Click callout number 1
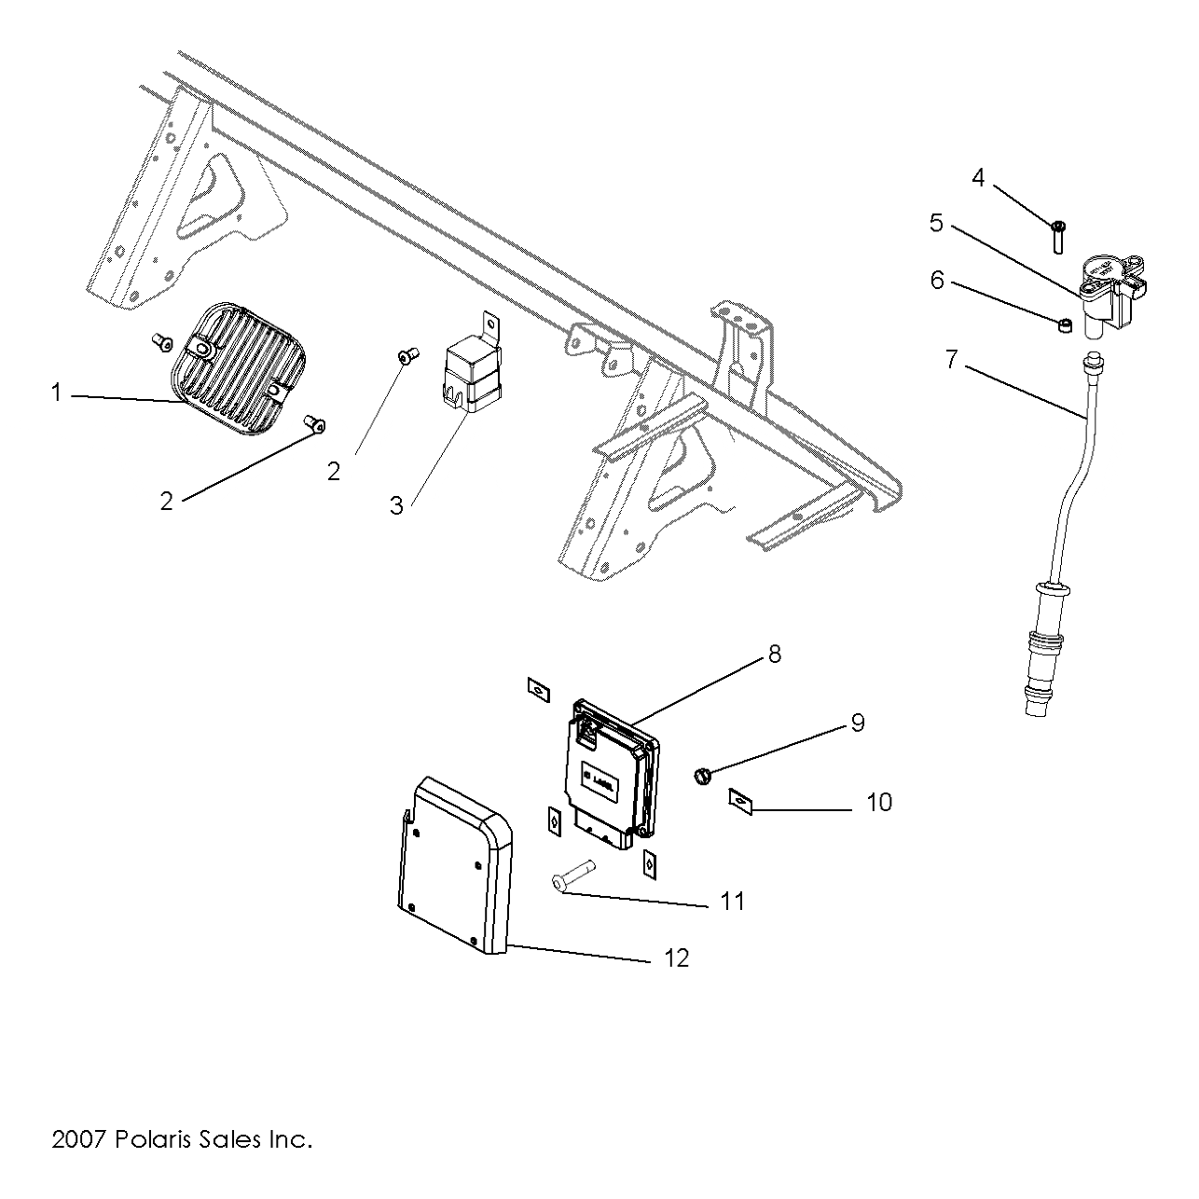click(56, 393)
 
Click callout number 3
click(396, 506)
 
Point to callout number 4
click(978, 177)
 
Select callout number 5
click(936, 224)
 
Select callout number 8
click(775, 655)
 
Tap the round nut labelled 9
click(704, 774)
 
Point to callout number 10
click(879, 802)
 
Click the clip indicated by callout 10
click(739, 799)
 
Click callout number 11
click(733, 902)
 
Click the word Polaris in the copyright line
click(155, 1139)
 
